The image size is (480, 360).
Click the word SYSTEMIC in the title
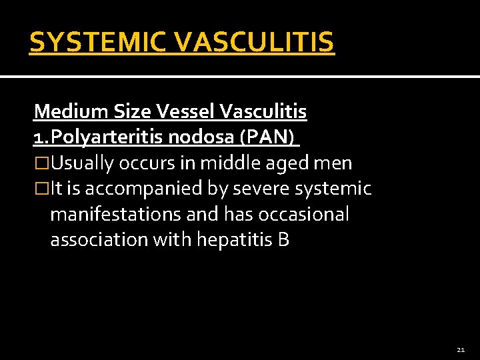click(101, 42)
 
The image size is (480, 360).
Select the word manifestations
click(118, 215)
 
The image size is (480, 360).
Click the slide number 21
click(461, 349)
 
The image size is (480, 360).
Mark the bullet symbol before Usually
click(41, 163)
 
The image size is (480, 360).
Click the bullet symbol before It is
click(41, 189)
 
